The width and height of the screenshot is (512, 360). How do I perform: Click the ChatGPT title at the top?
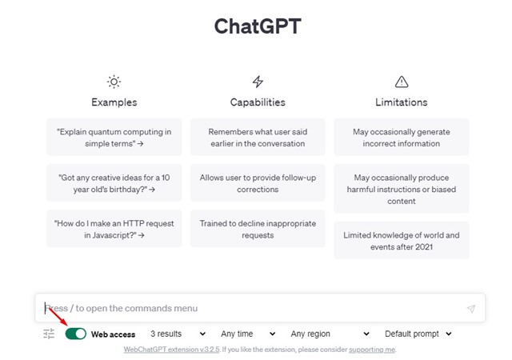[x=258, y=26]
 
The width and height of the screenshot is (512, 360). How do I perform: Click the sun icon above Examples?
[x=114, y=82]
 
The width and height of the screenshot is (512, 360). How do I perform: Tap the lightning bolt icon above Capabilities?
[x=258, y=82]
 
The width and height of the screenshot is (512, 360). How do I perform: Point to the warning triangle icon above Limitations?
[x=402, y=82]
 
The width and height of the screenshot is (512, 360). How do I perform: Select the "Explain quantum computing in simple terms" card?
[x=114, y=138]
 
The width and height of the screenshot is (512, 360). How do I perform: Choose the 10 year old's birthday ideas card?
[x=114, y=183]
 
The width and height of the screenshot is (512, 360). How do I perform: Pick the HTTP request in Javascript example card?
[x=114, y=229]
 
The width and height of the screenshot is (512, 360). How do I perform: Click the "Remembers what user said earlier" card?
[x=258, y=138]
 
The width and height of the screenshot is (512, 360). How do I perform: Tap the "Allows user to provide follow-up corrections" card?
[x=258, y=183]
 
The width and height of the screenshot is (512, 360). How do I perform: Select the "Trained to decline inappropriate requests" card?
[x=258, y=229]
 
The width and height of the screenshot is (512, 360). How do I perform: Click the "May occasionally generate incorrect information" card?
[x=402, y=138]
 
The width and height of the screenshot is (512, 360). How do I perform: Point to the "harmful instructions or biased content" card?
[x=402, y=189]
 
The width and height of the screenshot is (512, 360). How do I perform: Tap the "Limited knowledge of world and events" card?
[x=402, y=241]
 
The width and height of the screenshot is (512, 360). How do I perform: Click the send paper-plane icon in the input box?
[x=471, y=308]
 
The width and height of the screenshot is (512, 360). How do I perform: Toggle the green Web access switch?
[x=76, y=334]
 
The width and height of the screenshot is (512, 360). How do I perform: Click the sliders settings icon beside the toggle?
[x=49, y=334]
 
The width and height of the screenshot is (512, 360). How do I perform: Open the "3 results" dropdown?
[x=178, y=334]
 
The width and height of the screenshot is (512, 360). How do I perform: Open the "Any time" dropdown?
[x=248, y=334]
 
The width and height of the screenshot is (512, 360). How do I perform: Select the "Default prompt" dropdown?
[x=418, y=334]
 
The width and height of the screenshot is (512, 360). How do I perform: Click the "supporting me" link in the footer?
[x=372, y=350]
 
